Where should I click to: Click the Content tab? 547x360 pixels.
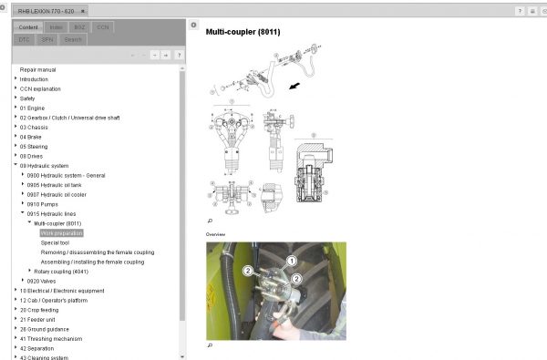28,27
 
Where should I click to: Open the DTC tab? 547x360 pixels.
25,39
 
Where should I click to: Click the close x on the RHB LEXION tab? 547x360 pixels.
83,11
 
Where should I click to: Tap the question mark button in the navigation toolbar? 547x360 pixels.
179,55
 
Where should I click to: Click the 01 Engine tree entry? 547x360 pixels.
32,108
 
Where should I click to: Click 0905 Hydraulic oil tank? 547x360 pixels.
63,184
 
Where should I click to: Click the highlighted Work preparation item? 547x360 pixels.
61,232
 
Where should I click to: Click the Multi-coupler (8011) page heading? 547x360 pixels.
243,32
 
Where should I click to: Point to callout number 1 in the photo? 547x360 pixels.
292,262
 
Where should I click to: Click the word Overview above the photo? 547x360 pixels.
217,234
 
